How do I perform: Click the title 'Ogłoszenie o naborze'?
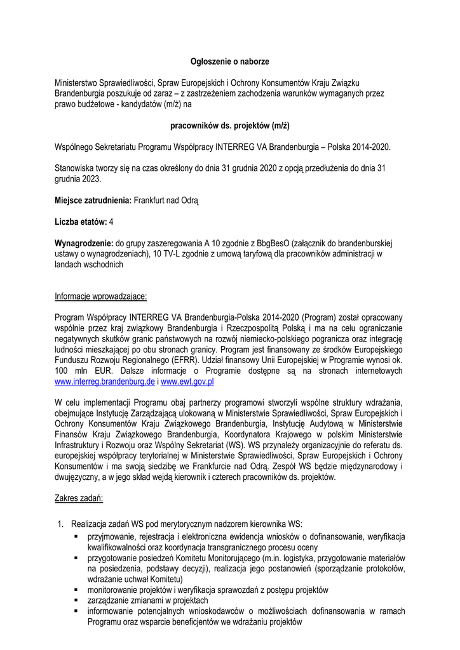click(230, 62)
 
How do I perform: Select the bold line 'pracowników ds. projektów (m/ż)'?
click(230, 126)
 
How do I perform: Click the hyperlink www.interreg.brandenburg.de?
click(105, 382)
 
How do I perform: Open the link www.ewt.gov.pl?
click(187, 382)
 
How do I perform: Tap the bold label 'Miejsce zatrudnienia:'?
click(93, 201)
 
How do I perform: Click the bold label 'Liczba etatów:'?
click(81, 222)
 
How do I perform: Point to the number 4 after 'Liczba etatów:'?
click(112, 222)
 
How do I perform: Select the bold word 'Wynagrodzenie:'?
click(84, 243)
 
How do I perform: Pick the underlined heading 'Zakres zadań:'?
click(79, 498)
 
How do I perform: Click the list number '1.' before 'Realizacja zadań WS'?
click(61, 524)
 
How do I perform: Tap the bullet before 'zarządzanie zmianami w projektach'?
click(76, 600)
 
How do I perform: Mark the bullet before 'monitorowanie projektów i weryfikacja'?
click(76, 590)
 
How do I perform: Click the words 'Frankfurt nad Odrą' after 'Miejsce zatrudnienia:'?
click(166, 201)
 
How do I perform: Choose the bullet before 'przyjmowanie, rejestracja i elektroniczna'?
click(76, 536)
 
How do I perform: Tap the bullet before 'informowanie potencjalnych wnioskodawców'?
click(76, 611)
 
